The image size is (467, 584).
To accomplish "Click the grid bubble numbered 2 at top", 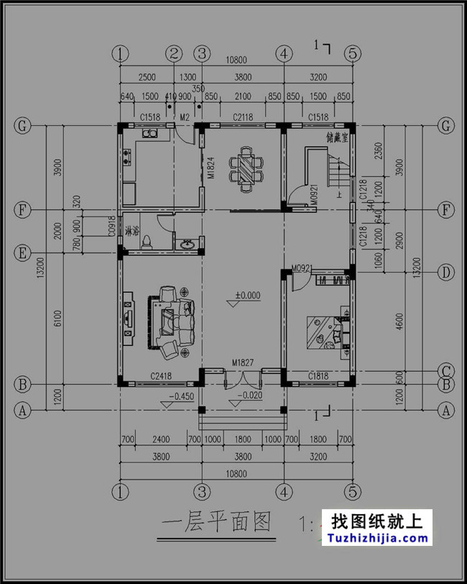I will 174,53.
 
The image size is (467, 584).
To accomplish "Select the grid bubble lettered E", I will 23,253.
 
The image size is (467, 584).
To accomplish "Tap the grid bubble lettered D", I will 446,272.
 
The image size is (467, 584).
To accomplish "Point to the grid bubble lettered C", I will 446,371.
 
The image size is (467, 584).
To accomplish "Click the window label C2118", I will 242,117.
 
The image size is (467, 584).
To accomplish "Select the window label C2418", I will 160,376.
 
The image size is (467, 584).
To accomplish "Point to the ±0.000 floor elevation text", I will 247,295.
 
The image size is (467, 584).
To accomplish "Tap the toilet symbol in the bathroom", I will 148,241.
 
